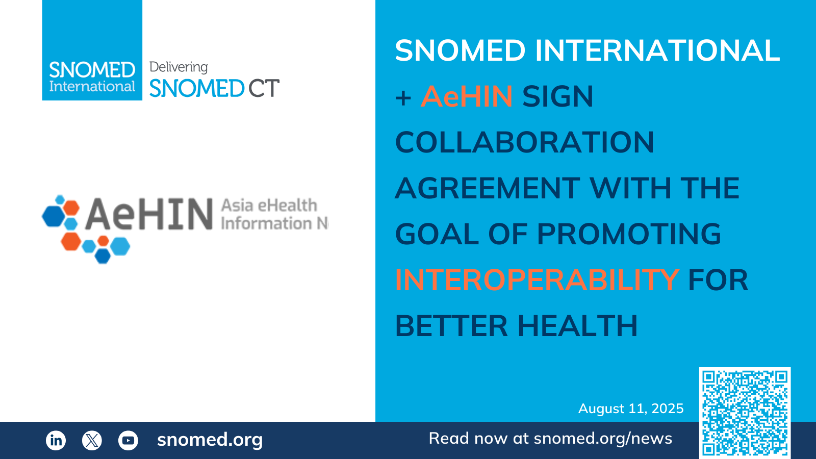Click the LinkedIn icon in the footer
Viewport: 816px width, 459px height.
(x=56, y=440)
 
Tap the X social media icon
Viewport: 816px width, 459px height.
(x=92, y=440)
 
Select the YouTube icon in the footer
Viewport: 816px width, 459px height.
(x=128, y=440)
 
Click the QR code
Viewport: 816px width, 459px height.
(x=745, y=413)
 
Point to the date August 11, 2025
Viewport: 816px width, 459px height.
(x=631, y=409)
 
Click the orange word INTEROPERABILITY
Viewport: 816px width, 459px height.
(x=538, y=280)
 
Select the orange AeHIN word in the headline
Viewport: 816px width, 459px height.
(x=467, y=96)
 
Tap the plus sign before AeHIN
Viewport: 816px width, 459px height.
(x=403, y=97)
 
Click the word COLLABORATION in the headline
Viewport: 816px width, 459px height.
(x=525, y=142)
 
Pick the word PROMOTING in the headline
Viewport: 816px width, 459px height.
(x=629, y=234)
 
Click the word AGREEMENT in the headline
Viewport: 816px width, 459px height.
(x=488, y=188)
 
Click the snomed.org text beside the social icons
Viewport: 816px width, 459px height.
(x=210, y=440)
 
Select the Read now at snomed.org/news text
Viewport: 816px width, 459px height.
(x=550, y=438)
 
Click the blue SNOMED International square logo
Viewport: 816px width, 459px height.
(x=92, y=50)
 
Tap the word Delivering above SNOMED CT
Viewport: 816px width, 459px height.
(x=178, y=67)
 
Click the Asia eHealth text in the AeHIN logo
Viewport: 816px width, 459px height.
(x=269, y=206)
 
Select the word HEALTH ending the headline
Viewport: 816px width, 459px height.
(x=578, y=326)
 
